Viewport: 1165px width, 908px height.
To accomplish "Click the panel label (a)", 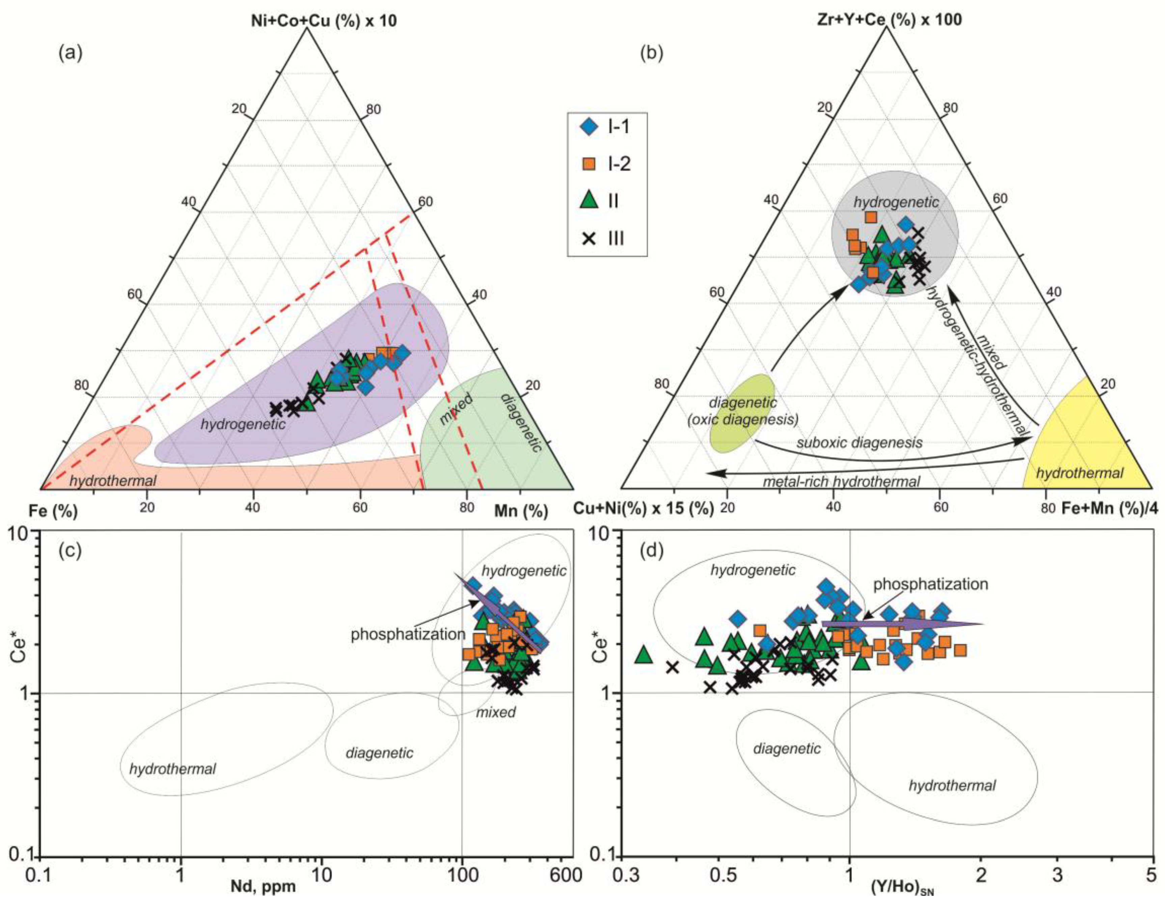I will pos(70,54).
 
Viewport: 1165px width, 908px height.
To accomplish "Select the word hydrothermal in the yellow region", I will pos(1080,473).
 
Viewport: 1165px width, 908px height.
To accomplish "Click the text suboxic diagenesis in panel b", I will pos(859,443).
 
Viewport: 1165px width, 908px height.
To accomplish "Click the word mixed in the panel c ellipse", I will pos(495,712).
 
